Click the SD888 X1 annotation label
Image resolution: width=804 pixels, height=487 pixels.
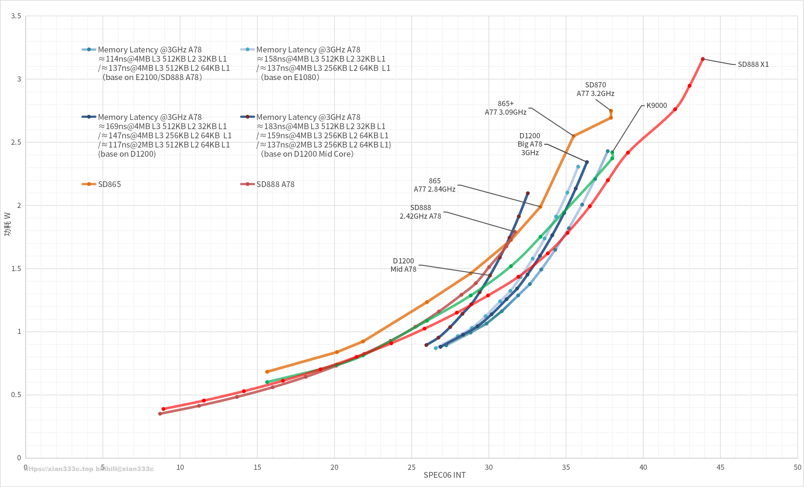coord(753,64)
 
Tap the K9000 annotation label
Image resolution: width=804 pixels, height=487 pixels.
coord(656,105)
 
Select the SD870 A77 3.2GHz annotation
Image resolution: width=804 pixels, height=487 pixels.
coord(595,89)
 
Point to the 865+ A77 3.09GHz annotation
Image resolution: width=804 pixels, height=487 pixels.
coord(505,108)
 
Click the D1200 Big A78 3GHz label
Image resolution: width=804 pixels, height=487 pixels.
coord(530,144)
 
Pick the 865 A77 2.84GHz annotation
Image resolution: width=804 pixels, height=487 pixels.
coord(434,185)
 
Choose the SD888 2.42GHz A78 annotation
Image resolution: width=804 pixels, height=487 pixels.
coord(420,212)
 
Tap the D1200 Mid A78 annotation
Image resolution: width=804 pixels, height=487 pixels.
coord(403,265)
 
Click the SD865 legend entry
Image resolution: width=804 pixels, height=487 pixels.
coord(109,184)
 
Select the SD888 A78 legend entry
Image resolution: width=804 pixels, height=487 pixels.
coord(275,184)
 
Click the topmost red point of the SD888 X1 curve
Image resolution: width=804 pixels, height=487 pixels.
coord(703,59)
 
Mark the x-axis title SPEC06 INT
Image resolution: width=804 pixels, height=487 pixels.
coord(444,475)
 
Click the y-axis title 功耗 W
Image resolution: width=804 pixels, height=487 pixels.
coord(7,224)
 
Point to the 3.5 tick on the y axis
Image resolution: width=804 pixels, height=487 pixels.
coord(16,16)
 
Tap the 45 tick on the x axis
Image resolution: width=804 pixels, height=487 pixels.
coord(720,467)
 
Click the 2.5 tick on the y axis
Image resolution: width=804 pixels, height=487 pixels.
coord(16,142)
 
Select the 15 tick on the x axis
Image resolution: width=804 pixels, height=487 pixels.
coord(257,467)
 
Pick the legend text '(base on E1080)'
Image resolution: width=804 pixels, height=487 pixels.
coord(290,77)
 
